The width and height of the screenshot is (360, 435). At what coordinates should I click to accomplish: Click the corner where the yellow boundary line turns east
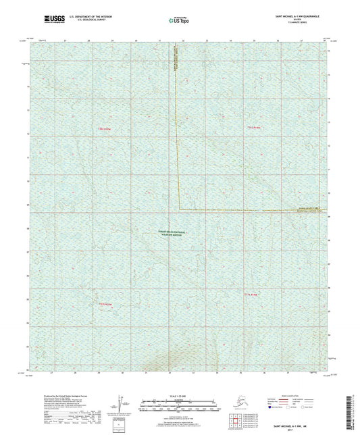tap(179, 208)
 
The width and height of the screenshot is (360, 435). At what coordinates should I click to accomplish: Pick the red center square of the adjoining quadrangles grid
tap(241, 421)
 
